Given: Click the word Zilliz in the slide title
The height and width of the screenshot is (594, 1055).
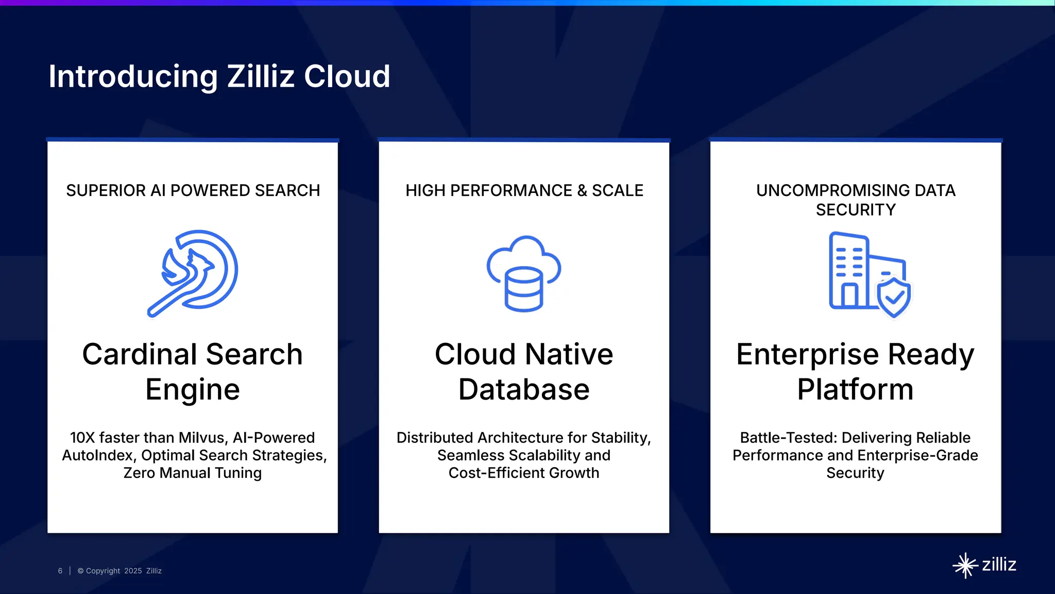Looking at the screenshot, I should pos(261,76).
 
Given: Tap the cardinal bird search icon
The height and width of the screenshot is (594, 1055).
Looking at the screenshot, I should pos(193,272).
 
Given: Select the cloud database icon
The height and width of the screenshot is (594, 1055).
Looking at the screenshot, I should pos(524,273).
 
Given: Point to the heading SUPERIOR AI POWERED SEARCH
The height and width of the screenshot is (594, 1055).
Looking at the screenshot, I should pos(193,190).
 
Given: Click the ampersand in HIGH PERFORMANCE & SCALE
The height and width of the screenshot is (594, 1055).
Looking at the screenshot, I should pos(582,190).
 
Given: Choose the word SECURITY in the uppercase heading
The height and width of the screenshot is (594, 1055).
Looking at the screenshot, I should pos(856,210).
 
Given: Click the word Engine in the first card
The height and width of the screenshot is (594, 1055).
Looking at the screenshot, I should pos(193,389).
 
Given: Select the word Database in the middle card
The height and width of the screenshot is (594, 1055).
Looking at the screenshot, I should pos(524,389).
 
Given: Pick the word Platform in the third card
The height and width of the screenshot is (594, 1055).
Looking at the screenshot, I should pos(856,389).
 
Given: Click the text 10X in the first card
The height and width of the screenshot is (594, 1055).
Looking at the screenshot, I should pos(82,438).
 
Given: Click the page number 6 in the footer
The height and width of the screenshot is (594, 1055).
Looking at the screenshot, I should pos(60,571).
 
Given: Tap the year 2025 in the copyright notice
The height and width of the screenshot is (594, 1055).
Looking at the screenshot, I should pos(133,571).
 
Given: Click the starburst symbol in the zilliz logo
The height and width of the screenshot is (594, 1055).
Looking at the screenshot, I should pos(965,566).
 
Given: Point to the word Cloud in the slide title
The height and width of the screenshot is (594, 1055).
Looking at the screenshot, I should pos(347,76).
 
